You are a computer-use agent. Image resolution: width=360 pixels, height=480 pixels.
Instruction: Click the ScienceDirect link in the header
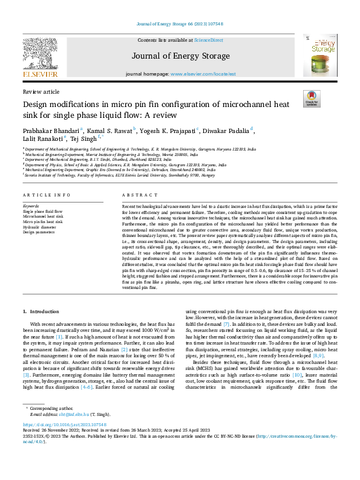(x=209, y=41)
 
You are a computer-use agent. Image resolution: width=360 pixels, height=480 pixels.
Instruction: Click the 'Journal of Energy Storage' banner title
(x=179, y=57)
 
